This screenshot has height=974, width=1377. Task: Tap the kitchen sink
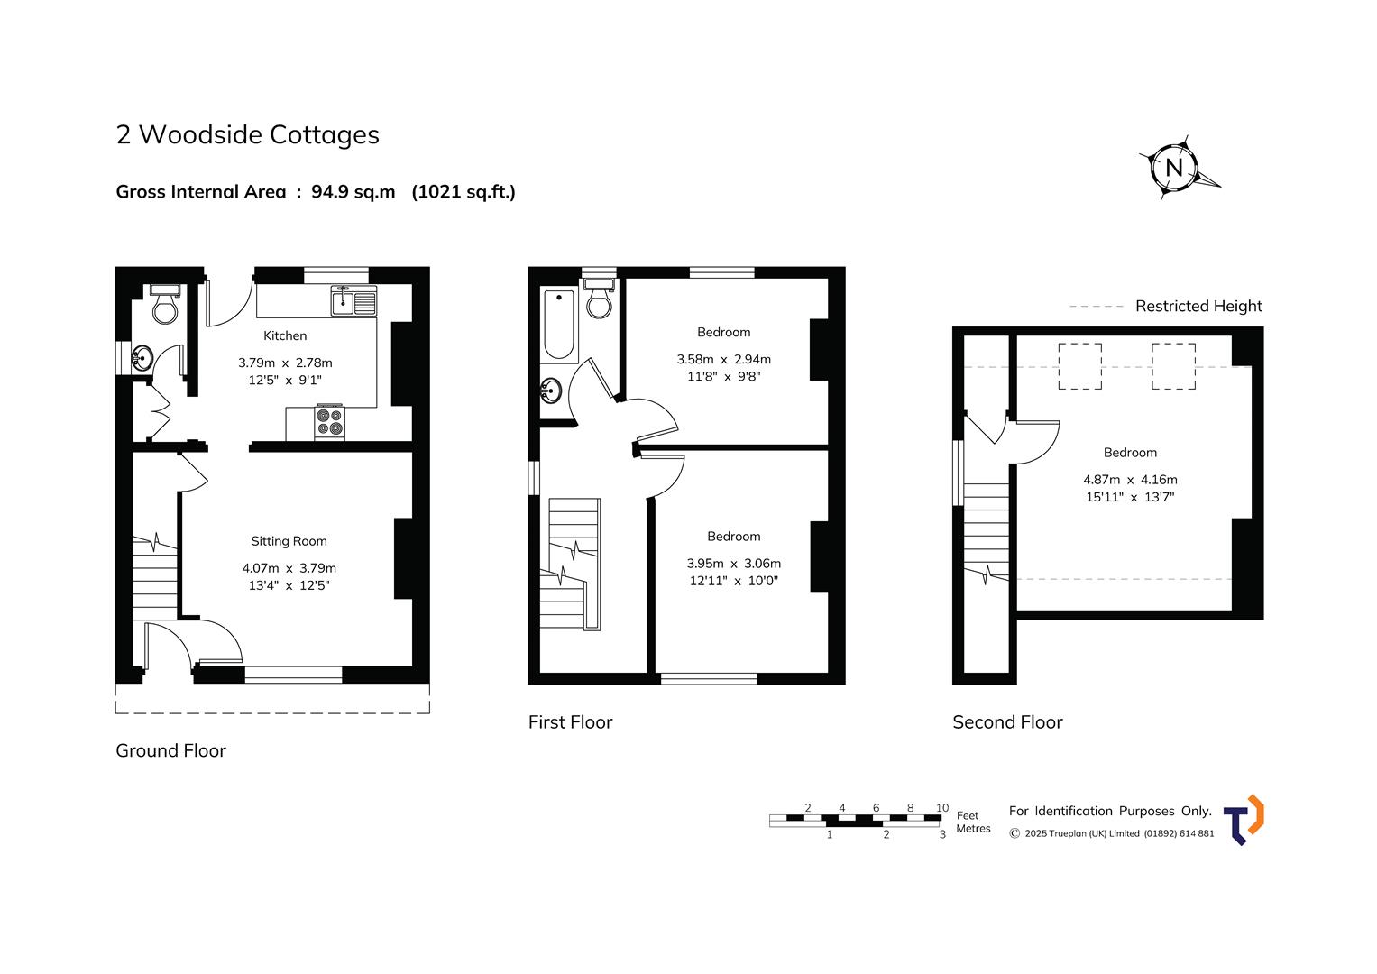pyautogui.click(x=353, y=300)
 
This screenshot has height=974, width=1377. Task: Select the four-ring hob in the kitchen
pyautogui.click(x=329, y=422)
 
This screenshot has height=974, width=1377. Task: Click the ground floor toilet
pyautogui.click(x=165, y=304)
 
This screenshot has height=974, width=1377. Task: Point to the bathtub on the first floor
pyautogui.click(x=559, y=325)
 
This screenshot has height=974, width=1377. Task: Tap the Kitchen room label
pyautogui.click(x=285, y=335)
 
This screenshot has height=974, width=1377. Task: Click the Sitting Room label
pyautogui.click(x=289, y=541)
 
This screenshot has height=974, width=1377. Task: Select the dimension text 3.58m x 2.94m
pyautogui.click(x=723, y=359)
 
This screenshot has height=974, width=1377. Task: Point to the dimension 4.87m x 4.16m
pyautogui.click(x=1130, y=480)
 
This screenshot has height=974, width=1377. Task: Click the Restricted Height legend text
pyautogui.click(x=1198, y=306)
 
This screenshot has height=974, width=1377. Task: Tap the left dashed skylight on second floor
pyautogui.click(x=1079, y=366)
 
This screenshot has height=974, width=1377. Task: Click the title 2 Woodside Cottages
pyautogui.click(x=247, y=134)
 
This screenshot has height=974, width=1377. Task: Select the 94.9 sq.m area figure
pyautogui.click(x=353, y=192)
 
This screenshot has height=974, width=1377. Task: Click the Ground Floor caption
pyautogui.click(x=170, y=750)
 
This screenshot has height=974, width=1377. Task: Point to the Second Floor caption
pyautogui.click(x=1007, y=721)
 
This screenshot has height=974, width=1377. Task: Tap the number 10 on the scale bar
pyautogui.click(x=941, y=807)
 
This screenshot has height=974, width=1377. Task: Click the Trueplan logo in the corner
pyautogui.click(x=1243, y=820)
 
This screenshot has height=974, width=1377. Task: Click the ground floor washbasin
pyautogui.click(x=142, y=357)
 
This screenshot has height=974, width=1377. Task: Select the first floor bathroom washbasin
pyautogui.click(x=551, y=391)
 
